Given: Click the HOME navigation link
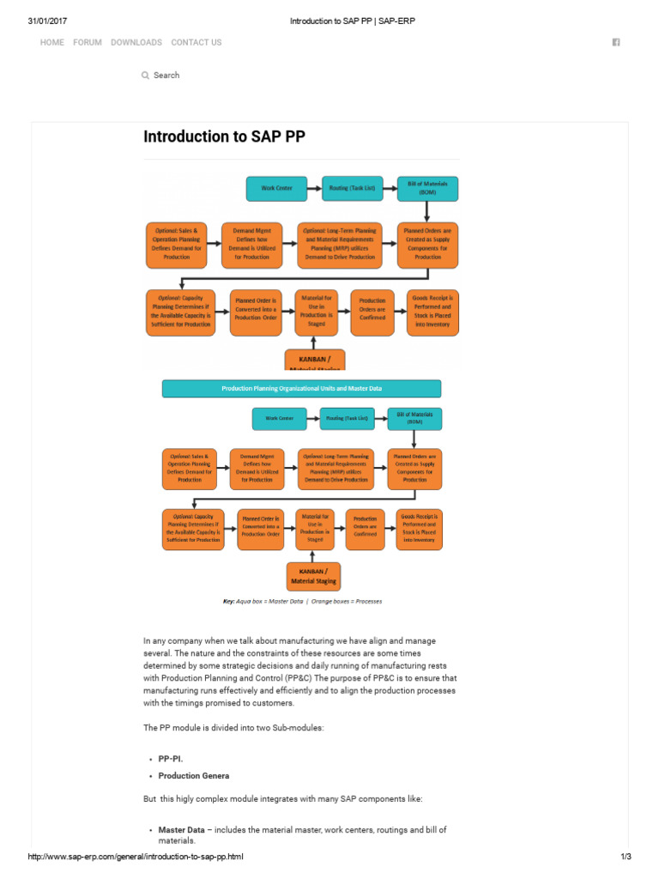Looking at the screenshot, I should pos(51,42).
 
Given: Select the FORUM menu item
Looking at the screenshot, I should pos(88,42).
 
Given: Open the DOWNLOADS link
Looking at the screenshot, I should pos(136,42).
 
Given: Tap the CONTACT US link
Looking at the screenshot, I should pos(196,42).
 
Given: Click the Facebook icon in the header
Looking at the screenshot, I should pos(616,42).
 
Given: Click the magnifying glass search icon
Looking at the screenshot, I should pos(145,76).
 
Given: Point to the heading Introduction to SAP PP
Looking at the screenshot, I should pos(224,137).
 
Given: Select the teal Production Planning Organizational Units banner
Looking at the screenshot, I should pos(301,389).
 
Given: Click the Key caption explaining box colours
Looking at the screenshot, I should pos(302,601).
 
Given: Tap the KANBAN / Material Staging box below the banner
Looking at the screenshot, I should pos(311,576).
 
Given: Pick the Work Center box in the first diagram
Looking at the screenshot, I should pos(276,188).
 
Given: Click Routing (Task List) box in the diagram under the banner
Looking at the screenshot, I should pos(347,419).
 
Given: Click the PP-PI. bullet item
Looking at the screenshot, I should pos(171,760).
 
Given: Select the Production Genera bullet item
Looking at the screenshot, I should pos(193,776).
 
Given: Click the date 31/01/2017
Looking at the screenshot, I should pos(47,21).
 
